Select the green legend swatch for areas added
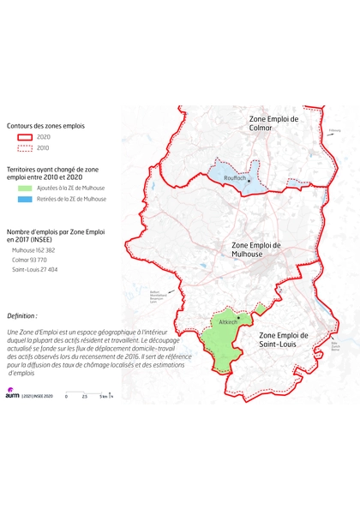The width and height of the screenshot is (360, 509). click(23, 186)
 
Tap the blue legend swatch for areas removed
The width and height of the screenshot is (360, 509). click(23, 198)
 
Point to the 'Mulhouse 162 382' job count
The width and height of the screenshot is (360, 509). click(34, 249)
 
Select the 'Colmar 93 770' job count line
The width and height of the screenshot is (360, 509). click(30, 259)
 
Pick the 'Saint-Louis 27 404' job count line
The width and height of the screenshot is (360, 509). click(35, 269)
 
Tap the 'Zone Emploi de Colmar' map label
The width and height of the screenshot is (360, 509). click(273, 123)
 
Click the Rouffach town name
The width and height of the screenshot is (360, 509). click(235, 177)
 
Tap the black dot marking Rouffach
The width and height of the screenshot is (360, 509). click(249, 181)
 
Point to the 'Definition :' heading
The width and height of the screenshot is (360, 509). click(22, 315)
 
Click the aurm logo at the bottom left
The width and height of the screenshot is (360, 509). click(12, 395)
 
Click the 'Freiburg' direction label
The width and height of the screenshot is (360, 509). click(334, 131)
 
